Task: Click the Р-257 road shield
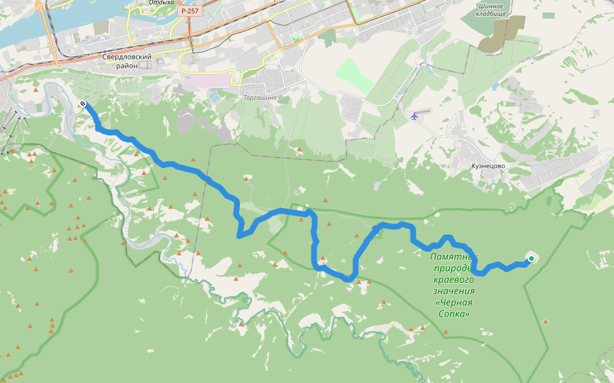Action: [189, 11]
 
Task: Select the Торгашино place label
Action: [260, 98]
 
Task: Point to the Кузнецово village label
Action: [488, 165]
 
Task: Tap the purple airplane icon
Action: [415, 116]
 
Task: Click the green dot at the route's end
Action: [531, 258]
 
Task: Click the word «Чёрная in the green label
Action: [455, 303]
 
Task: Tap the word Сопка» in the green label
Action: [455, 314]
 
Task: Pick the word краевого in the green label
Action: [453, 280]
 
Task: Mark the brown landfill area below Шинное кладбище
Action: [500, 35]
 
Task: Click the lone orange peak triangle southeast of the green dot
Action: [545, 322]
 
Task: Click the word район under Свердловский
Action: [127, 65]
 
